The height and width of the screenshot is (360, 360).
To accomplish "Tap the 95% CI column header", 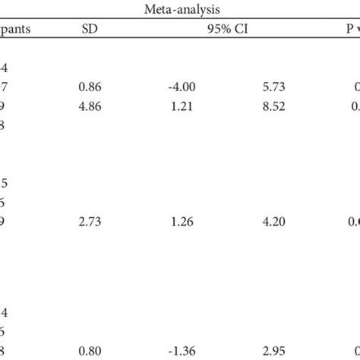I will click(x=229, y=30).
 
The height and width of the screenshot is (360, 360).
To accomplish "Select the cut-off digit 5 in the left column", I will click(x=4, y=184).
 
